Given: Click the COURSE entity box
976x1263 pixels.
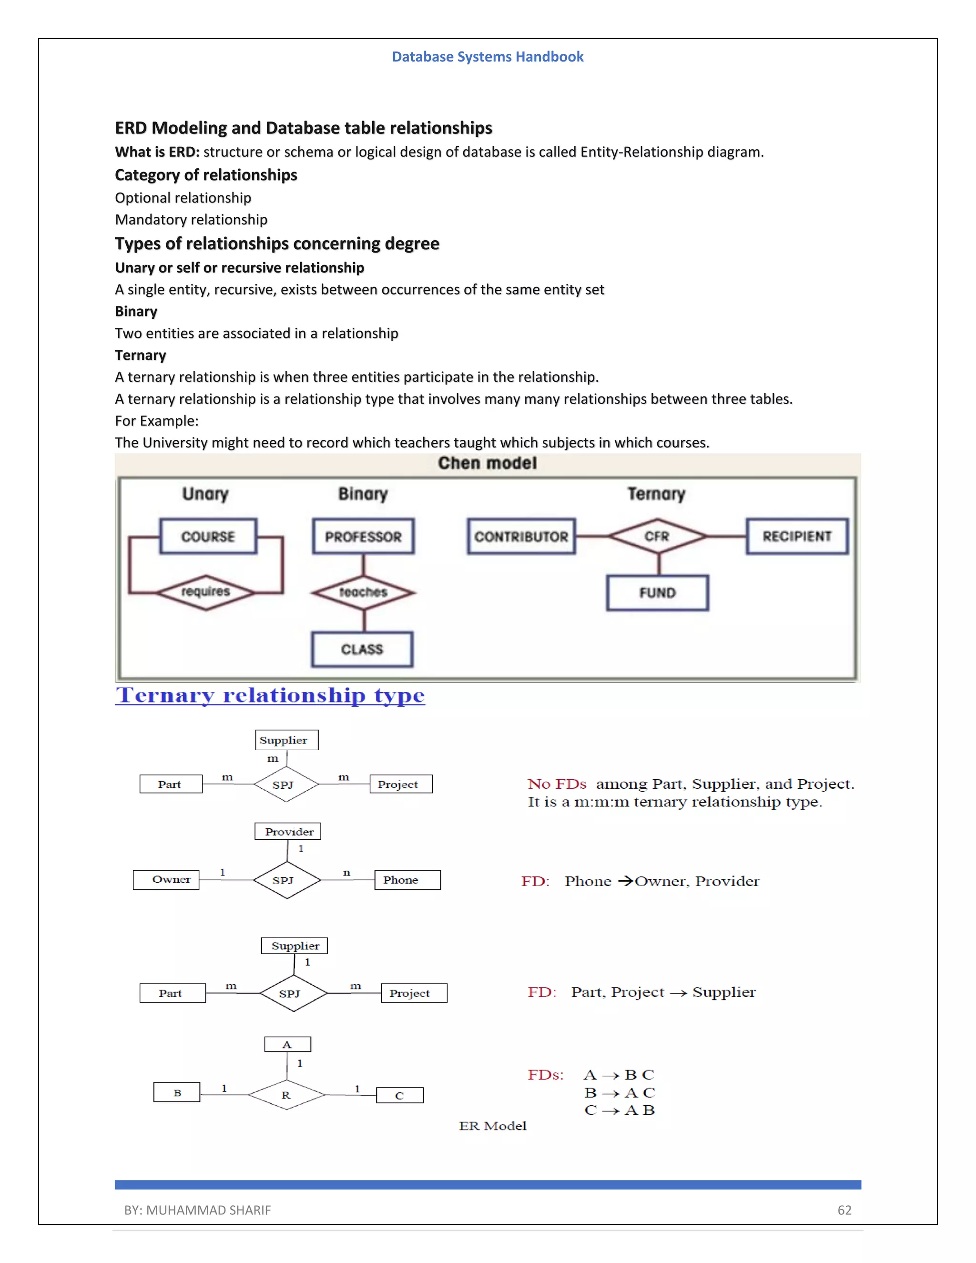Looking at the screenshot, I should pos(208,536).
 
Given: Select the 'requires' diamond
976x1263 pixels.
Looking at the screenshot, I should pos(206,591).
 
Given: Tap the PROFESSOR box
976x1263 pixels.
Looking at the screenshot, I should pos(363,536).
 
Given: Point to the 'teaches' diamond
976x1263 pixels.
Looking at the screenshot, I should pos(363,592).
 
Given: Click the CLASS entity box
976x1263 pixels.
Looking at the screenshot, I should pos(362,649).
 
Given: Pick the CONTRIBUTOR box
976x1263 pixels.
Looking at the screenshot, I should pos(521,536).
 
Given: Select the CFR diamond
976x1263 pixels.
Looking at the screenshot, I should pos(657,536).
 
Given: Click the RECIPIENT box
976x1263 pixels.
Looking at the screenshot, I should pos(797,536).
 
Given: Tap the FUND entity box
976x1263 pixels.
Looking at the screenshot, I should pos(657,593).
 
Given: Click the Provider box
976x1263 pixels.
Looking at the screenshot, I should pos(288,832).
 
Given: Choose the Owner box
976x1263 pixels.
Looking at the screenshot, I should pos(166,880).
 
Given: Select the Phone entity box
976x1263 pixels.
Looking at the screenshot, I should pos(407,880).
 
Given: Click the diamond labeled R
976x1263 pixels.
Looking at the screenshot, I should pos(286,1095).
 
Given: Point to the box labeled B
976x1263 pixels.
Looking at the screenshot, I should pos(177,1092).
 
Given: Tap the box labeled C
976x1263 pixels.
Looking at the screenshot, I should pos(399,1095).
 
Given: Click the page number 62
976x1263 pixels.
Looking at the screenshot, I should pos(844,1210).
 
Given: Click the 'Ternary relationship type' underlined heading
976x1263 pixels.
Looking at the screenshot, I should pos(270,695).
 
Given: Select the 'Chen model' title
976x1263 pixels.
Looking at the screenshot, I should pos(488,463).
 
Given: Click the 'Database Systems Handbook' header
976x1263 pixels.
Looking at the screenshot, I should pos(488,57).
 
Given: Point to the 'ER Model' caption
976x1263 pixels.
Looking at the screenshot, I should pos(493,1125).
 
